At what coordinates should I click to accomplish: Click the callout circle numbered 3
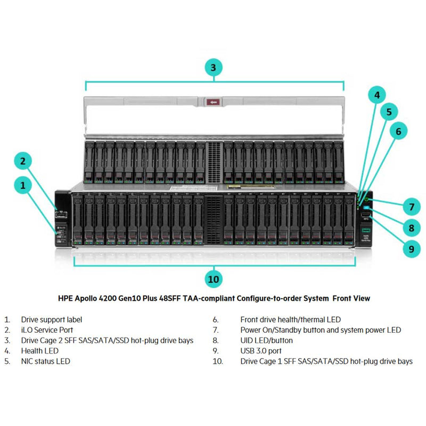click(x=213, y=68)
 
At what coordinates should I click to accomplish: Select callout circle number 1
click(x=23, y=185)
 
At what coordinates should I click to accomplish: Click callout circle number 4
click(x=377, y=95)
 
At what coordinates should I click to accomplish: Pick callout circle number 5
click(x=389, y=112)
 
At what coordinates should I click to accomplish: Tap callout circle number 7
click(x=411, y=207)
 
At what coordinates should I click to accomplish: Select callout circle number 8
click(x=411, y=228)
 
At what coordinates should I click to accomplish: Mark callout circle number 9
click(x=411, y=248)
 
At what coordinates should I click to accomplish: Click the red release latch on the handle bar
click(x=214, y=101)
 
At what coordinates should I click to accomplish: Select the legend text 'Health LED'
click(x=39, y=351)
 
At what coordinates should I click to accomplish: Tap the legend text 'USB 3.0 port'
click(x=261, y=351)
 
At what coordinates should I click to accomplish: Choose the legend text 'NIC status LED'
click(x=45, y=361)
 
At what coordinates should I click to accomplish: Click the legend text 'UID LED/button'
click(x=266, y=340)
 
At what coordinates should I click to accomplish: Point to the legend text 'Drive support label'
click(x=52, y=320)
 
